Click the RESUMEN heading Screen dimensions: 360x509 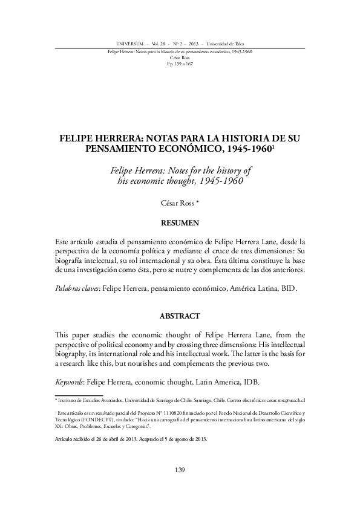pos(180,223)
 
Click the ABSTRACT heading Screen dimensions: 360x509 pos(180,316)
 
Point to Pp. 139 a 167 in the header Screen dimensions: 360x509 pos(180,63)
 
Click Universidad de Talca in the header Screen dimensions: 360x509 pos(229,44)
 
